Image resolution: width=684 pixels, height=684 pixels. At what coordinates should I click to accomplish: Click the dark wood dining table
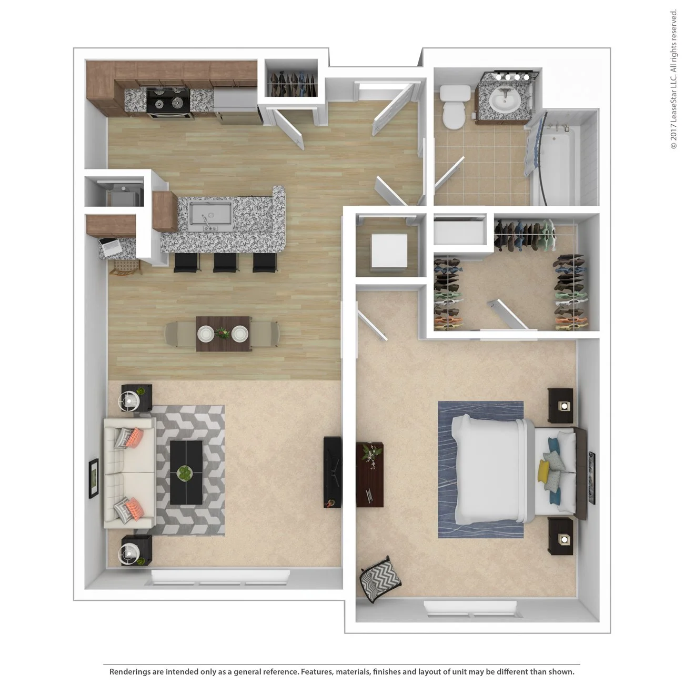(x=223, y=334)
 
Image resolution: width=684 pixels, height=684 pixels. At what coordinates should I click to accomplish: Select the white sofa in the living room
(x=127, y=472)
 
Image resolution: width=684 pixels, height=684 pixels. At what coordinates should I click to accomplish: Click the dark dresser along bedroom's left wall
(x=370, y=474)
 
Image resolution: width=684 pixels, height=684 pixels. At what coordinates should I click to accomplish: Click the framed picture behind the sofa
(x=94, y=478)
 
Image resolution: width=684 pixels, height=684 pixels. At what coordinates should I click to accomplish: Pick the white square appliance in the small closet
(x=389, y=250)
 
